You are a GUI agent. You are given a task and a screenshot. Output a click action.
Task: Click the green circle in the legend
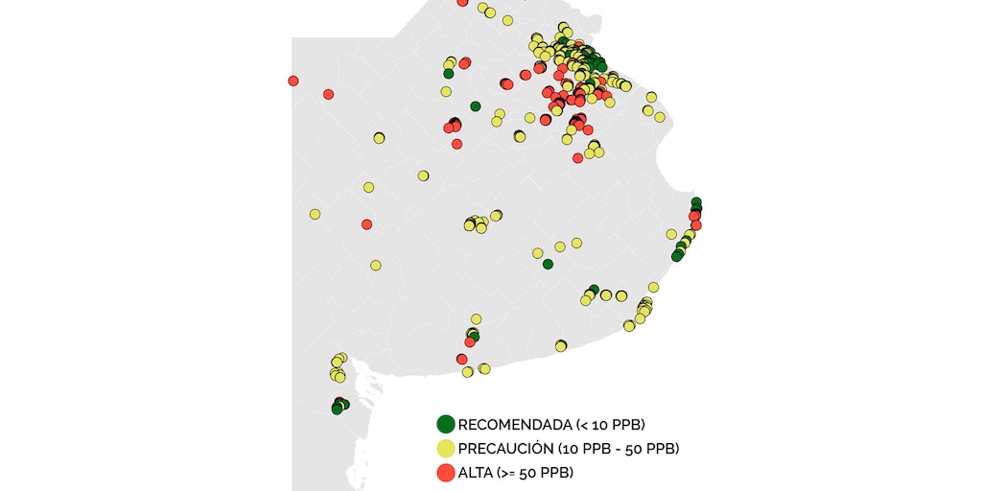445,424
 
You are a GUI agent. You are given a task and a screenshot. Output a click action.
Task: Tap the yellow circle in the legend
445,448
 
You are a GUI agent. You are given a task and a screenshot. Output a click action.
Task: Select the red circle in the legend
445,472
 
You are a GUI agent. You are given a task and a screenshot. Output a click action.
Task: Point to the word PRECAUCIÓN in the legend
504,448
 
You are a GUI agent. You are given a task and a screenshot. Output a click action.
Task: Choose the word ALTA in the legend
475,472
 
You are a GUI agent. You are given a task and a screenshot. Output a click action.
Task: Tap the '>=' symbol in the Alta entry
508,472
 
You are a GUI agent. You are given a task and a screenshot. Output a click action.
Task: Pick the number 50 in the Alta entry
528,472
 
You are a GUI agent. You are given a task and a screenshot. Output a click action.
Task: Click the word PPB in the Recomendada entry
627,424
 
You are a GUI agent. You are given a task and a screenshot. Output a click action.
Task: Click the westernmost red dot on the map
292,81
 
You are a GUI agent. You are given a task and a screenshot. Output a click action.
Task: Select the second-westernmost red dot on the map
328,94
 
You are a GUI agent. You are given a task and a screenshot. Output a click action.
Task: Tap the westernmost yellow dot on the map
315,214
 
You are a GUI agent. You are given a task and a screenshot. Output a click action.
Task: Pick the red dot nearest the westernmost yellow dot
366,224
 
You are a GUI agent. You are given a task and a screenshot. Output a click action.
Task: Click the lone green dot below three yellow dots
548,264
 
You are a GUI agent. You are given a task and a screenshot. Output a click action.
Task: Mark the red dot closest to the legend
462,359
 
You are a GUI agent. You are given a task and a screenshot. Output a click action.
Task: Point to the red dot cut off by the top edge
462,3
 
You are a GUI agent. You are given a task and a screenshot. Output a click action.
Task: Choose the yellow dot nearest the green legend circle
467,372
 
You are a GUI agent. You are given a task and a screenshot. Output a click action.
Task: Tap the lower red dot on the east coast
696,225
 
